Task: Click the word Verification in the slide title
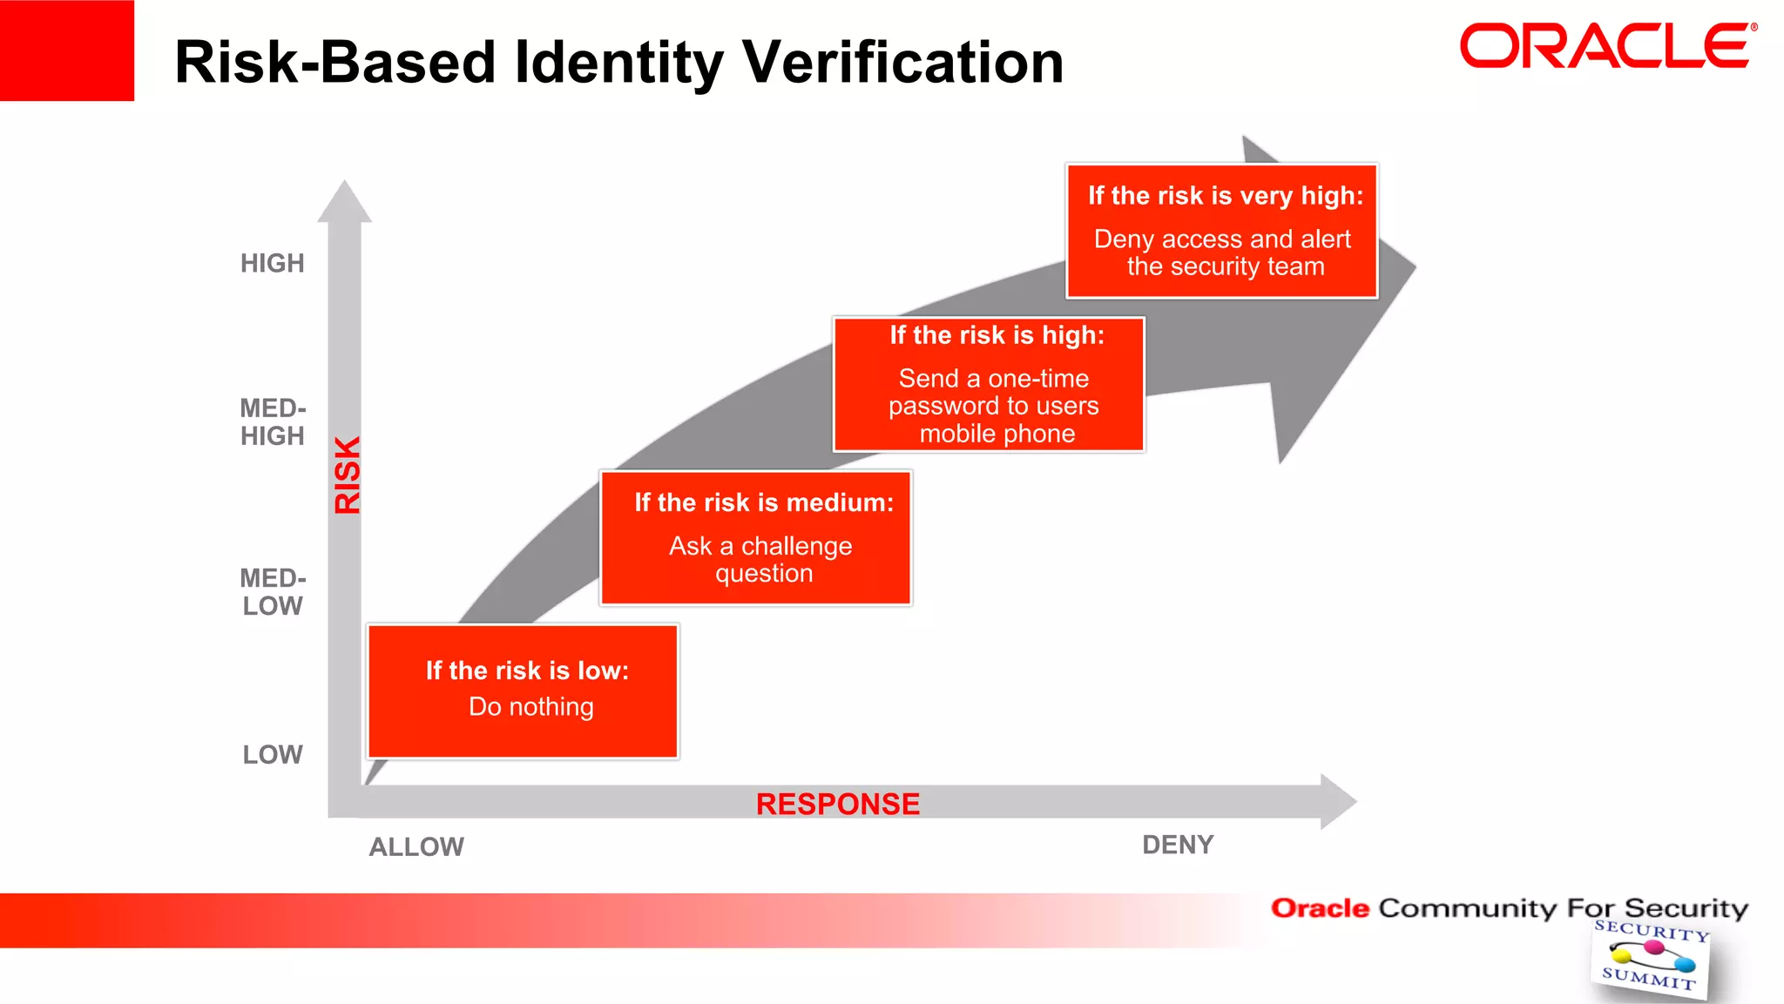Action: pyautogui.click(x=902, y=63)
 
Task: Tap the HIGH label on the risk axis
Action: pyautogui.click(x=273, y=263)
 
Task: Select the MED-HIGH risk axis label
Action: pyautogui.click(x=273, y=422)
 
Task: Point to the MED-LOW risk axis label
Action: pyautogui.click(x=273, y=592)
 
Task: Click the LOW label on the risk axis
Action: pyautogui.click(x=273, y=754)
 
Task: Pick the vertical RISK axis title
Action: pyautogui.click(x=347, y=475)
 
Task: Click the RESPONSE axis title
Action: pyautogui.click(x=837, y=804)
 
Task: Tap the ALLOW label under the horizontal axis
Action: pyautogui.click(x=416, y=846)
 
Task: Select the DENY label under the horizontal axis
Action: pyautogui.click(x=1178, y=845)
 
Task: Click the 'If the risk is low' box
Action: pyautogui.click(x=523, y=691)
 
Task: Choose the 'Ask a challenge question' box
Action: pyautogui.click(x=755, y=537)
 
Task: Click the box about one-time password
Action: pyautogui.click(x=989, y=384)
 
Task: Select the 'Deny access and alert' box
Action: pyautogui.click(x=1222, y=231)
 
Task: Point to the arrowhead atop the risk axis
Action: pyautogui.click(x=345, y=202)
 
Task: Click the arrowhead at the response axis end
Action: pyautogui.click(x=1337, y=801)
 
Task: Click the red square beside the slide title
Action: pyautogui.click(x=67, y=51)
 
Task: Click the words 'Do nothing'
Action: pyautogui.click(x=531, y=706)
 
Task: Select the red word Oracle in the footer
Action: pyautogui.click(x=1320, y=908)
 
